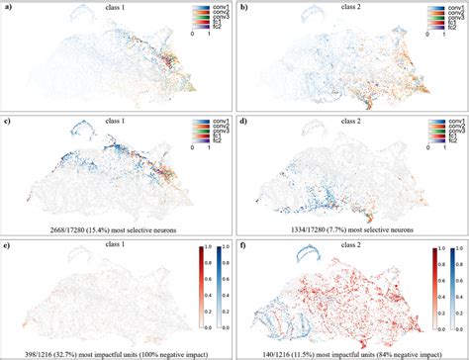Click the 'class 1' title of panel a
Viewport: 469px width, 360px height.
[120, 10]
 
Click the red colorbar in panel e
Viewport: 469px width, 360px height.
[202, 295]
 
